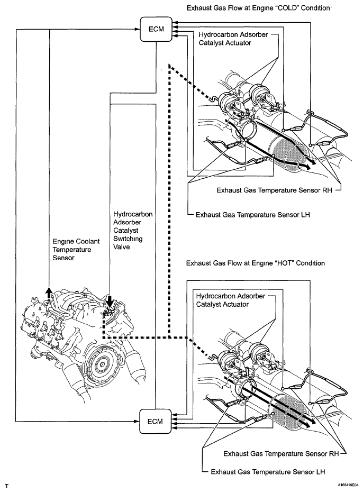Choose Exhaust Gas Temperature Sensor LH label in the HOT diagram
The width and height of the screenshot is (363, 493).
(267, 470)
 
